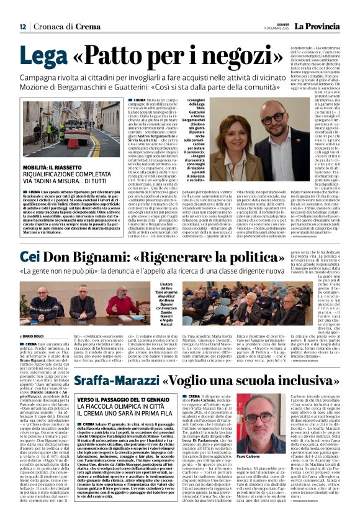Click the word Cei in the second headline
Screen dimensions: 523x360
pyautogui.click(x=30, y=257)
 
